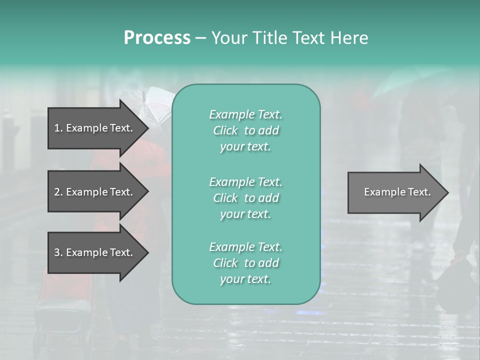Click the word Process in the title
pyautogui.click(x=157, y=38)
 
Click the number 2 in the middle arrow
pyautogui.click(x=57, y=192)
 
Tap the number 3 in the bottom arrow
pyautogui.click(x=57, y=252)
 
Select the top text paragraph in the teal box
pyautogui.click(x=245, y=130)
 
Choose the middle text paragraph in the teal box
pyautogui.click(x=245, y=198)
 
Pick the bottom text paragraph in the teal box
pyautogui.click(x=245, y=263)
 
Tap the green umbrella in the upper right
pyautogui.click(x=420, y=80)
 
